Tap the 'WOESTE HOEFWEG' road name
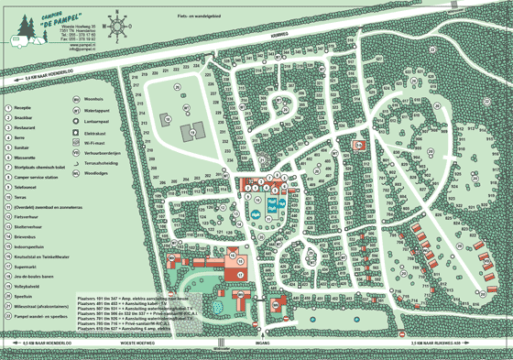point(136,341)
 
